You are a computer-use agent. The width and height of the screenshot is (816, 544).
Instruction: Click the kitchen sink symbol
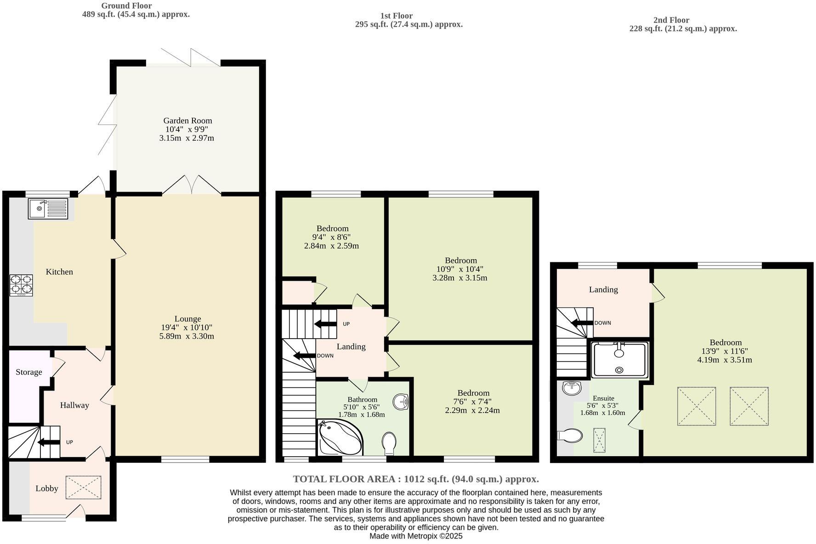pyautogui.click(x=48, y=209)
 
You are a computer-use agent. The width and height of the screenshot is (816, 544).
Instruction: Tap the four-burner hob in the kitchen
pyautogui.click(x=21, y=284)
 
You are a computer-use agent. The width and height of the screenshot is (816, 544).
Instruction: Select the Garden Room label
pyautogui.click(x=187, y=121)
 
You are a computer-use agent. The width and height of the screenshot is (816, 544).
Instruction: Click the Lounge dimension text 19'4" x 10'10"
pyautogui.click(x=187, y=328)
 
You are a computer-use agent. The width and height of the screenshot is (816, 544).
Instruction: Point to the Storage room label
pyautogui.click(x=28, y=372)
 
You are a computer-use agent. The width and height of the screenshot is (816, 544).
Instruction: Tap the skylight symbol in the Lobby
pyautogui.click(x=83, y=487)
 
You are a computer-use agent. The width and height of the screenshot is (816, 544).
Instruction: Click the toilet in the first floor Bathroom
pyautogui.click(x=389, y=443)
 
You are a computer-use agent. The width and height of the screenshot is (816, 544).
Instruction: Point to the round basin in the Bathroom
pyautogui.click(x=401, y=402)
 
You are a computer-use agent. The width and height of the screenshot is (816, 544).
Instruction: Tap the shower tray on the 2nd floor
pyautogui.click(x=619, y=360)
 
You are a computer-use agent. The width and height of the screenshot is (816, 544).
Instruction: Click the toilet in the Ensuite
pyautogui.click(x=570, y=435)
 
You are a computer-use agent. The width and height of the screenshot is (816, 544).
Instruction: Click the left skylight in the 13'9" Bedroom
pyautogui.click(x=696, y=406)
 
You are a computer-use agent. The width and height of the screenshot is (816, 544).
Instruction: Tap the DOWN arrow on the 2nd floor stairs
pyautogui.click(x=582, y=323)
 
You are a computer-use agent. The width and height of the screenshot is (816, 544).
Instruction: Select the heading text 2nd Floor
pyautogui.click(x=671, y=20)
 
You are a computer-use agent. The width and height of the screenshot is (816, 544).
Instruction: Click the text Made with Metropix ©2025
pyautogui.click(x=416, y=536)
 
